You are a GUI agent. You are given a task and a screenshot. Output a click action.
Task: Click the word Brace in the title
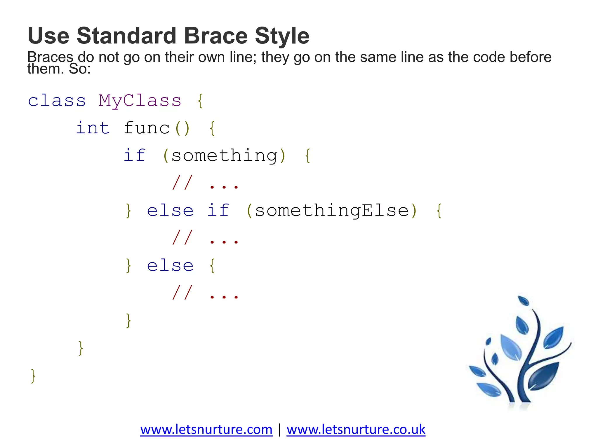coord(215,36)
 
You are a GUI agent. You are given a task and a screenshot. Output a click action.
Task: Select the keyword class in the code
coord(57,101)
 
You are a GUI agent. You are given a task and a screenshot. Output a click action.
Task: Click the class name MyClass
coord(140,101)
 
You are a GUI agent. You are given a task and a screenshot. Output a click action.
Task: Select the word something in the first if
coord(224,155)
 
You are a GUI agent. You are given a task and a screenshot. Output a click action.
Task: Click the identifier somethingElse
coord(332,210)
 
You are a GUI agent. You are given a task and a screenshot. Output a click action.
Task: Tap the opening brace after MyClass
coord(200,101)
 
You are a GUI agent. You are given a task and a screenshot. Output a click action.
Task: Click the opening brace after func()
coord(212,128)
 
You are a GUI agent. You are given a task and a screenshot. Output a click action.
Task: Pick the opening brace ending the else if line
coord(439,211)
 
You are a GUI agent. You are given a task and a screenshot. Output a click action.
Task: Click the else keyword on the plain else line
coord(170,265)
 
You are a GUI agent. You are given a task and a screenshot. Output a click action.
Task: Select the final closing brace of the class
coord(33,376)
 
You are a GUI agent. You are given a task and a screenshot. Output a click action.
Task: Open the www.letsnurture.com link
coord(206,430)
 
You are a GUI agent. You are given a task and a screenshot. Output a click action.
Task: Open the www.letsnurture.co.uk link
coord(356,430)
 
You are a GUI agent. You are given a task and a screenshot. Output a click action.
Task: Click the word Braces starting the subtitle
coord(50,57)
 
